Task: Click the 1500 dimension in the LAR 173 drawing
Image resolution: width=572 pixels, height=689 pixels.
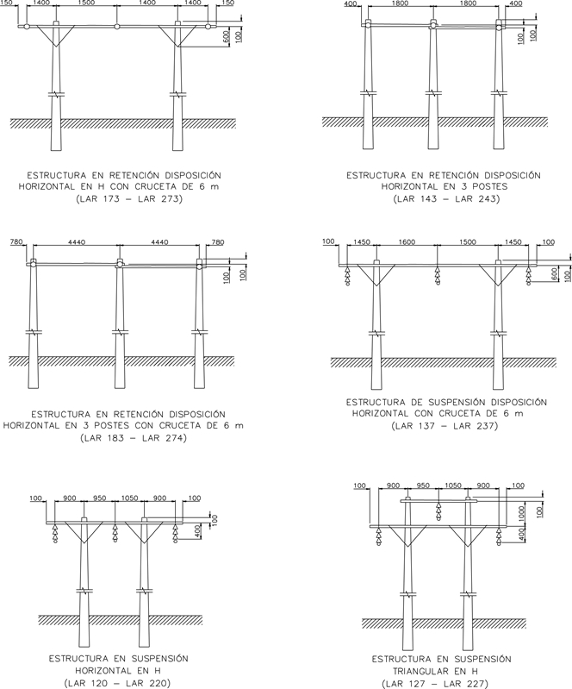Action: pos(86,3)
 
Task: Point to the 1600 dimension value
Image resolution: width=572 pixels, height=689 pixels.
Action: pos(407,242)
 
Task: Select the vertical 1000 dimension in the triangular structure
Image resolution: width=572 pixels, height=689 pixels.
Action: pos(521,512)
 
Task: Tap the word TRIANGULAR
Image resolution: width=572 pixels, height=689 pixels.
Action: pos(418,672)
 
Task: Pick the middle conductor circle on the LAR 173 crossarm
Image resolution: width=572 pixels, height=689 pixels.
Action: pos(117,27)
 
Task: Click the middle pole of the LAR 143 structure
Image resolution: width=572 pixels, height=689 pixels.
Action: pos(433,85)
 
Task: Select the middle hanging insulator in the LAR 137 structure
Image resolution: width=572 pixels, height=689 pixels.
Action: pos(438,275)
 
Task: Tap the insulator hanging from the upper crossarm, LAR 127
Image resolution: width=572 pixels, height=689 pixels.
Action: pos(438,510)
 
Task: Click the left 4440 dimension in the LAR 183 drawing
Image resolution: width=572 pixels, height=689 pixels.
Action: pos(77,242)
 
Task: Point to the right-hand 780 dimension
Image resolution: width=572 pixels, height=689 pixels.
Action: pos(218,242)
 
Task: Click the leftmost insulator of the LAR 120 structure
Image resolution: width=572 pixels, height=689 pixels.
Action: pos(55,534)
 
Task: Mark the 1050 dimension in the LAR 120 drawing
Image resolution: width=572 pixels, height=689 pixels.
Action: pos(129,498)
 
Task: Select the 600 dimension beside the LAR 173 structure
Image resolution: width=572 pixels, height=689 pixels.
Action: pos(227,37)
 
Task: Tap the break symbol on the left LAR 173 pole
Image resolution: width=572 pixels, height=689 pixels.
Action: pos(56,94)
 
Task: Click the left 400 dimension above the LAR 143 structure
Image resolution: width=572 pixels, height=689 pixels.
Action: pos(351,4)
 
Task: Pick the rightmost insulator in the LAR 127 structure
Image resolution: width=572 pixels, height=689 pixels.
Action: pos(498,536)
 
